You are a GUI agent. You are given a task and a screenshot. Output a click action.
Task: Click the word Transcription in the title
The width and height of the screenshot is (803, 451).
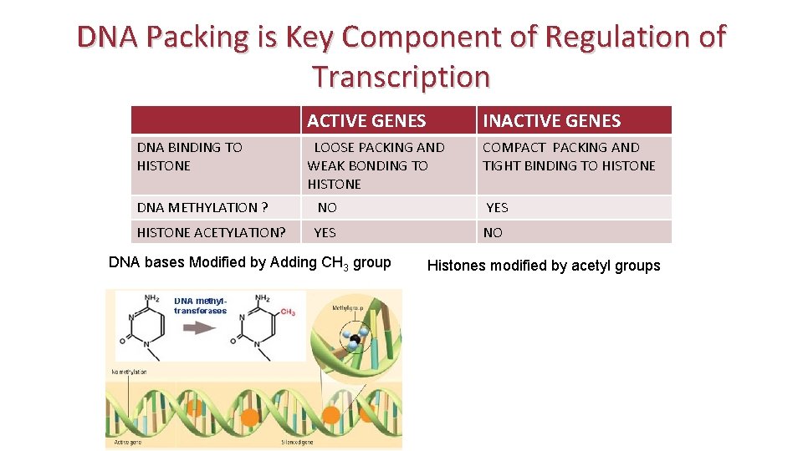(x=401, y=77)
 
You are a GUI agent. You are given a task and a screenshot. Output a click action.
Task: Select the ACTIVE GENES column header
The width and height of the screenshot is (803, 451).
(x=366, y=121)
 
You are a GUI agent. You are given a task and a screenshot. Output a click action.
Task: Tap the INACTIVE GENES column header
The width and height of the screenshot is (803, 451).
(x=552, y=121)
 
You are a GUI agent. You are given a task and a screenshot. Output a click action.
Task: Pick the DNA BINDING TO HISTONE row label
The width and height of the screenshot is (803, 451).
(x=189, y=156)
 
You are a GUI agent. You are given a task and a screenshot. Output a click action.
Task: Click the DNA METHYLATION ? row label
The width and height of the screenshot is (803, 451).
(x=202, y=207)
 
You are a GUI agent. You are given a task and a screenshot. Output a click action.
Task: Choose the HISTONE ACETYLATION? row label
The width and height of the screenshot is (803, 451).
(x=211, y=232)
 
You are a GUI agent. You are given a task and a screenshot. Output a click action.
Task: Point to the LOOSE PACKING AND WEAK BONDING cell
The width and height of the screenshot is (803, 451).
(x=376, y=165)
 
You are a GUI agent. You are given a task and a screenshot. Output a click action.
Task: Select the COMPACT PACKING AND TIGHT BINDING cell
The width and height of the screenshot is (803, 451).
(x=569, y=156)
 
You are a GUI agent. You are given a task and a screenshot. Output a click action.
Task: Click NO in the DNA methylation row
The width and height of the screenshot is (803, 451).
(x=327, y=207)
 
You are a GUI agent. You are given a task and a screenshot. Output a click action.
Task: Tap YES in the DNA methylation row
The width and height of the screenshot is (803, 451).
(x=497, y=207)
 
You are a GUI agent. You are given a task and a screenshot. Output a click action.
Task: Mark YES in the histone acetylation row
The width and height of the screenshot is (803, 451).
(x=325, y=232)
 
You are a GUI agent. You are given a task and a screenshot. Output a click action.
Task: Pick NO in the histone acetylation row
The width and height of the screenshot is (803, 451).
(x=493, y=232)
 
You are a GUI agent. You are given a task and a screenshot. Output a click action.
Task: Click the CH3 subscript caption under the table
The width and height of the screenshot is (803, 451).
(x=250, y=262)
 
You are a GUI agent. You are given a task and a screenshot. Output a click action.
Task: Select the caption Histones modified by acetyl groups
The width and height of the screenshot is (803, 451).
(x=544, y=266)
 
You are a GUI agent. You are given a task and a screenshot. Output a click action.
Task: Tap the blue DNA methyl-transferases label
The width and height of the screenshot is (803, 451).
(x=200, y=305)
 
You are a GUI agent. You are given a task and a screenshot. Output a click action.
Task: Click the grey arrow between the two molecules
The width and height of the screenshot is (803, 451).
(x=200, y=327)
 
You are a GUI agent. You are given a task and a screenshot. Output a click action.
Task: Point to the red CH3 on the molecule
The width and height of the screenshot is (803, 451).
(x=287, y=312)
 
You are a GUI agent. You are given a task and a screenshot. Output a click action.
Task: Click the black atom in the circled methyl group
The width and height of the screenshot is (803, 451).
(x=355, y=339)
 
